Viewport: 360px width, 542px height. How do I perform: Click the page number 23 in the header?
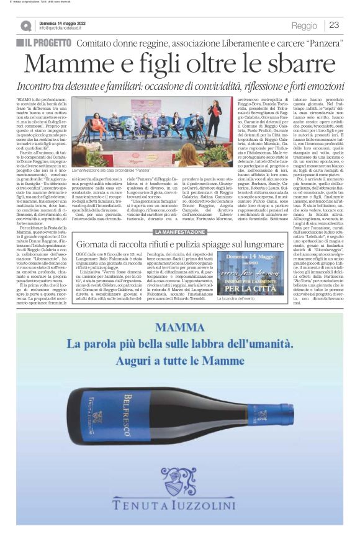(334, 25)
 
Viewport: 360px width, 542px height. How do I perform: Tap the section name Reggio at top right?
(304, 25)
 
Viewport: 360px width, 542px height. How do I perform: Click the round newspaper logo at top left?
(25, 26)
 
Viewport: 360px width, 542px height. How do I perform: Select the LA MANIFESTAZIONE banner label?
(179, 232)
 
